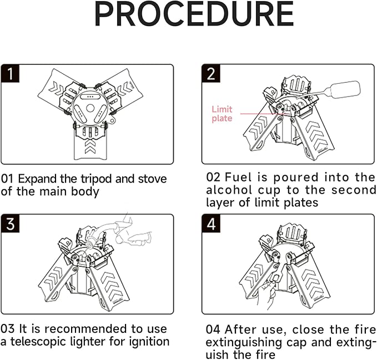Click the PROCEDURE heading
(x=194, y=14)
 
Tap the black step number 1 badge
(x=10, y=73)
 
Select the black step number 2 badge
(x=211, y=73)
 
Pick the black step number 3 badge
(x=10, y=224)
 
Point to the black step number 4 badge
(x=211, y=224)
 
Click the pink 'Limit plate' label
(x=222, y=114)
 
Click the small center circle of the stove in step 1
(x=90, y=108)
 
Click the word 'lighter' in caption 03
(x=88, y=342)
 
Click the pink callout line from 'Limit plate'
(x=260, y=114)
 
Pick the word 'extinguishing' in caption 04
(x=244, y=343)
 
